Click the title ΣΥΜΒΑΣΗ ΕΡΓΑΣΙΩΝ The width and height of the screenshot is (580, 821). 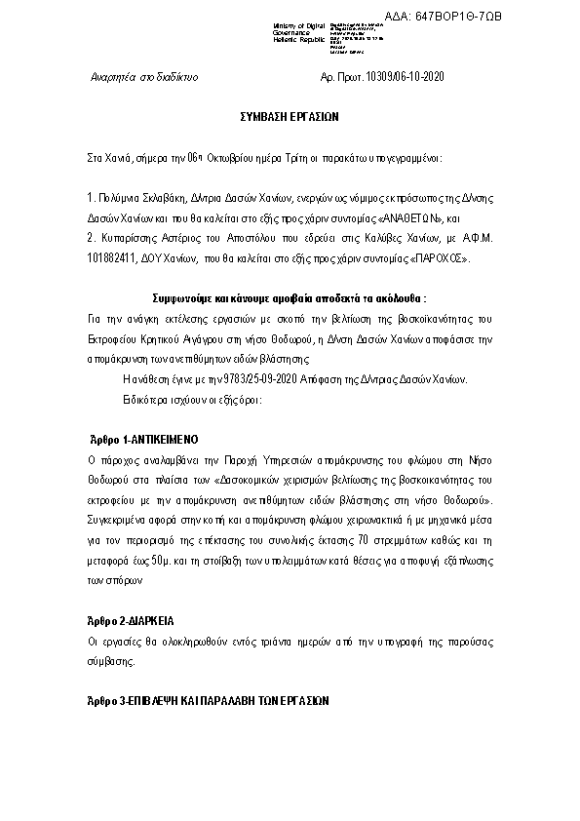(x=290, y=116)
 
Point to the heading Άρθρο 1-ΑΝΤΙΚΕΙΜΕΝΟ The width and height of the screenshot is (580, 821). (x=142, y=440)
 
